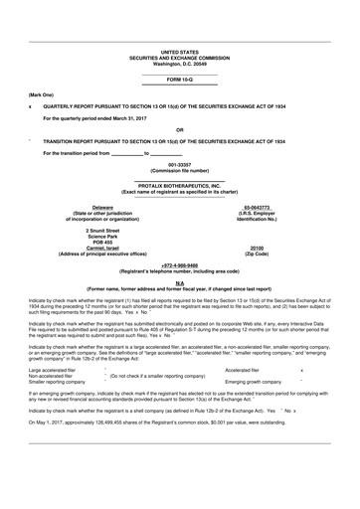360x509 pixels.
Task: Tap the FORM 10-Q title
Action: click(x=179, y=79)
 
